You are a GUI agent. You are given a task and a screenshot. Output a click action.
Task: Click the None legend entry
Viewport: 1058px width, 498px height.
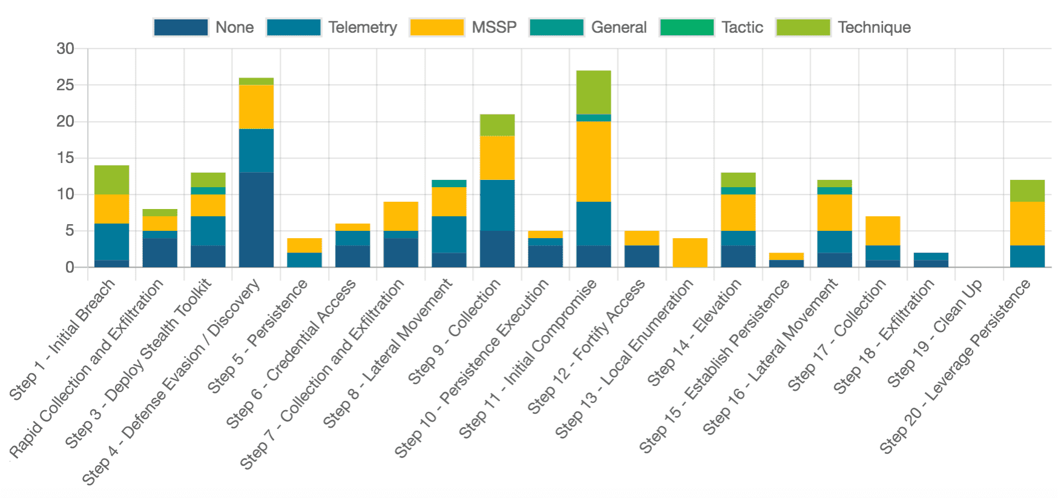(x=203, y=27)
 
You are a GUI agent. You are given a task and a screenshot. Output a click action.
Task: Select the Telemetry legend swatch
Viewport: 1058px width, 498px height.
(x=294, y=27)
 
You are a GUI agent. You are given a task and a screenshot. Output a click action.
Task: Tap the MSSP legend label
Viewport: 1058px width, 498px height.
(x=494, y=27)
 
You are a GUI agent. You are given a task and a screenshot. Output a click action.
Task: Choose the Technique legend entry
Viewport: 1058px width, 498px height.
(x=843, y=27)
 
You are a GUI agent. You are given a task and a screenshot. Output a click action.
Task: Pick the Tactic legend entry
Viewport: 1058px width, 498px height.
(x=711, y=27)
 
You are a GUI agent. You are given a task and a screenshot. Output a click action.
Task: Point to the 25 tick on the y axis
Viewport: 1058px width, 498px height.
(x=65, y=85)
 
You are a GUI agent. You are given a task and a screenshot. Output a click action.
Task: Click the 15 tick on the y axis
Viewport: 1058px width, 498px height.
(x=65, y=158)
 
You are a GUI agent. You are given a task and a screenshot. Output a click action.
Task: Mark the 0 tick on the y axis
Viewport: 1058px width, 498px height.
(x=70, y=267)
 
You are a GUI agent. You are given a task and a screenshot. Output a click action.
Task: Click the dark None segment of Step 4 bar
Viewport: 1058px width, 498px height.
(x=256, y=220)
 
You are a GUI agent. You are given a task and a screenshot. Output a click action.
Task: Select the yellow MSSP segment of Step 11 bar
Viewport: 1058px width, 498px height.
(x=593, y=162)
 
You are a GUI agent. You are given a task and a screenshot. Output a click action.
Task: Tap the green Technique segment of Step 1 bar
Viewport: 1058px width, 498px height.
(x=112, y=180)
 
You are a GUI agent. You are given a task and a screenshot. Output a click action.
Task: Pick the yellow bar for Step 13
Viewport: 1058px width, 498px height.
(x=689, y=253)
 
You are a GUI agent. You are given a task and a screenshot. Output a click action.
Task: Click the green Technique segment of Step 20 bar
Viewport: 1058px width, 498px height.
(x=1027, y=191)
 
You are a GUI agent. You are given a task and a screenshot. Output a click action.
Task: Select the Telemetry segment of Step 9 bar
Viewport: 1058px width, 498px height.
(x=497, y=205)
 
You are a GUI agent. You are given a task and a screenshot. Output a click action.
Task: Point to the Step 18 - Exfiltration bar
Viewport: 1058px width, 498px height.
(x=931, y=260)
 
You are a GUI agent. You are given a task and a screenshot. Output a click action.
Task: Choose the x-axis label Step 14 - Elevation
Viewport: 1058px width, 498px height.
(x=695, y=333)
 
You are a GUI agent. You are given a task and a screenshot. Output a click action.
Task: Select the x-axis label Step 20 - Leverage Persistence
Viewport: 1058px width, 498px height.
(x=955, y=367)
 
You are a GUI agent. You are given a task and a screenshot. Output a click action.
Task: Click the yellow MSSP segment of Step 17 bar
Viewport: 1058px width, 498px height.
(x=882, y=231)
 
